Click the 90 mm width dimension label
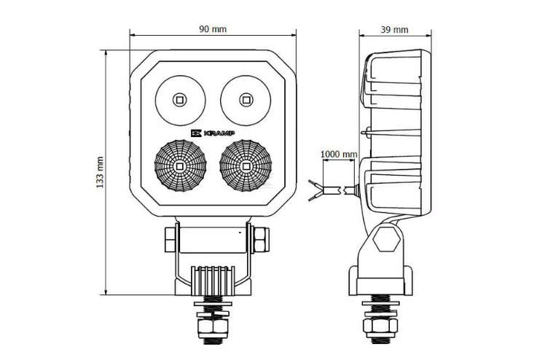click(x=213, y=29)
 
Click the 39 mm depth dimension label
click(x=394, y=29)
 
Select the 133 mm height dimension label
click(x=101, y=173)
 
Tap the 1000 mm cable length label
click(x=339, y=154)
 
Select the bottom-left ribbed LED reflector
click(x=179, y=166)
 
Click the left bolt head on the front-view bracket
click(x=169, y=238)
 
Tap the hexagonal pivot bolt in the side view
click(x=388, y=238)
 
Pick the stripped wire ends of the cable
click(x=316, y=190)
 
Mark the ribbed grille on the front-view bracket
click(x=213, y=277)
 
